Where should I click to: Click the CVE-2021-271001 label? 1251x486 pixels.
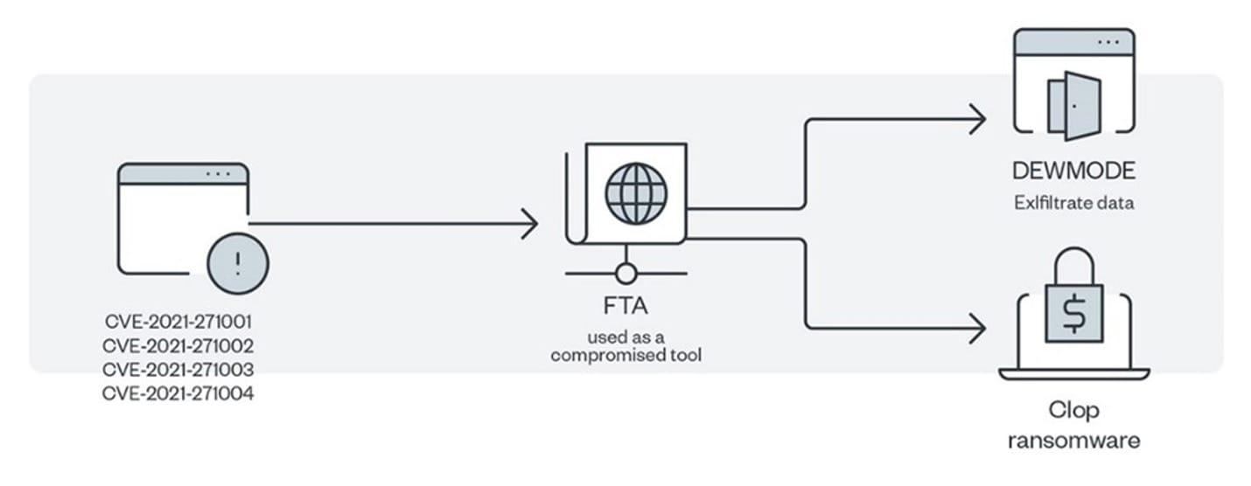(178, 322)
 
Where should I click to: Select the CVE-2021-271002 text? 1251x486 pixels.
(178, 346)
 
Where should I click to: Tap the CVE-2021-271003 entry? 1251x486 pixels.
(178, 370)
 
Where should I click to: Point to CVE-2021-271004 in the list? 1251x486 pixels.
(178, 394)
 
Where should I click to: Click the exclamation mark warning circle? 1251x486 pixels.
(238, 263)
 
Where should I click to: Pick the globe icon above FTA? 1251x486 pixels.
(636, 193)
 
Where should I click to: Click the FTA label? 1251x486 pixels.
(625, 306)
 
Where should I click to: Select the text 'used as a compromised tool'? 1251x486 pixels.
(626, 346)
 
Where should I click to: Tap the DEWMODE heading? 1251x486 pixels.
(1074, 170)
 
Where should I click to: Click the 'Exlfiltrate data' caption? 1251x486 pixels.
(1074, 203)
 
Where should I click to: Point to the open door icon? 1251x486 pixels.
(1074, 106)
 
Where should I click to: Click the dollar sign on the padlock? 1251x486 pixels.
(1074, 314)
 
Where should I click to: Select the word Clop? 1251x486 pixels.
(1074, 410)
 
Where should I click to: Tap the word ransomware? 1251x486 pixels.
(1074, 441)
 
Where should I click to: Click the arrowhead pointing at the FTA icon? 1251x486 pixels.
(530, 224)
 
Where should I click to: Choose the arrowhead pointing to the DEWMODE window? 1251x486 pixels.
(977, 119)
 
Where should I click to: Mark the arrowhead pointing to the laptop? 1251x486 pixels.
(977, 328)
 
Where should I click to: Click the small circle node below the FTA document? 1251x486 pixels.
(626, 274)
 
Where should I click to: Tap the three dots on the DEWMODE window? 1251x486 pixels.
(1108, 43)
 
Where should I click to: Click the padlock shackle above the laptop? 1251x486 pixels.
(1074, 249)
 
